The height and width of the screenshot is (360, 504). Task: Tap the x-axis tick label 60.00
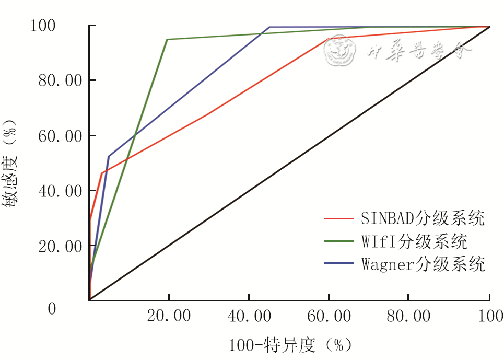329,316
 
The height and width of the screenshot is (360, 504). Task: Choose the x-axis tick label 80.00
408,316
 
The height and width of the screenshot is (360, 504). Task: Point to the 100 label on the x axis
488,316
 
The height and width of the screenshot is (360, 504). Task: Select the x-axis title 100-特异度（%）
290,345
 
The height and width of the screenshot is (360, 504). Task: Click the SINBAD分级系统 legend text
423,218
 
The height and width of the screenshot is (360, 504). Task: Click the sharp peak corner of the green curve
167,39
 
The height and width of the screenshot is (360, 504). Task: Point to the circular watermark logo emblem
339,51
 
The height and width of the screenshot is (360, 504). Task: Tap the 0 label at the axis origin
52,308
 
